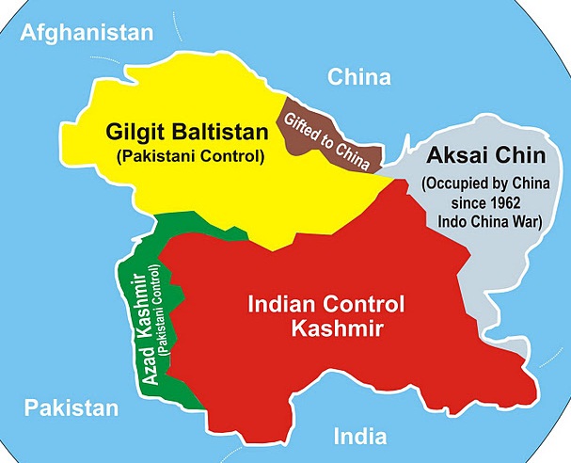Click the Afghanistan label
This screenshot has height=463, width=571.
(x=87, y=33)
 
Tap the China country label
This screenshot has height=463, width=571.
(x=358, y=76)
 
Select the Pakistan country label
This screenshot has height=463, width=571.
(x=71, y=407)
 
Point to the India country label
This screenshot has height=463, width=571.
(x=359, y=436)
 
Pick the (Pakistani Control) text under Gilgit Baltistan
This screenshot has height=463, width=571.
(x=192, y=153)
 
